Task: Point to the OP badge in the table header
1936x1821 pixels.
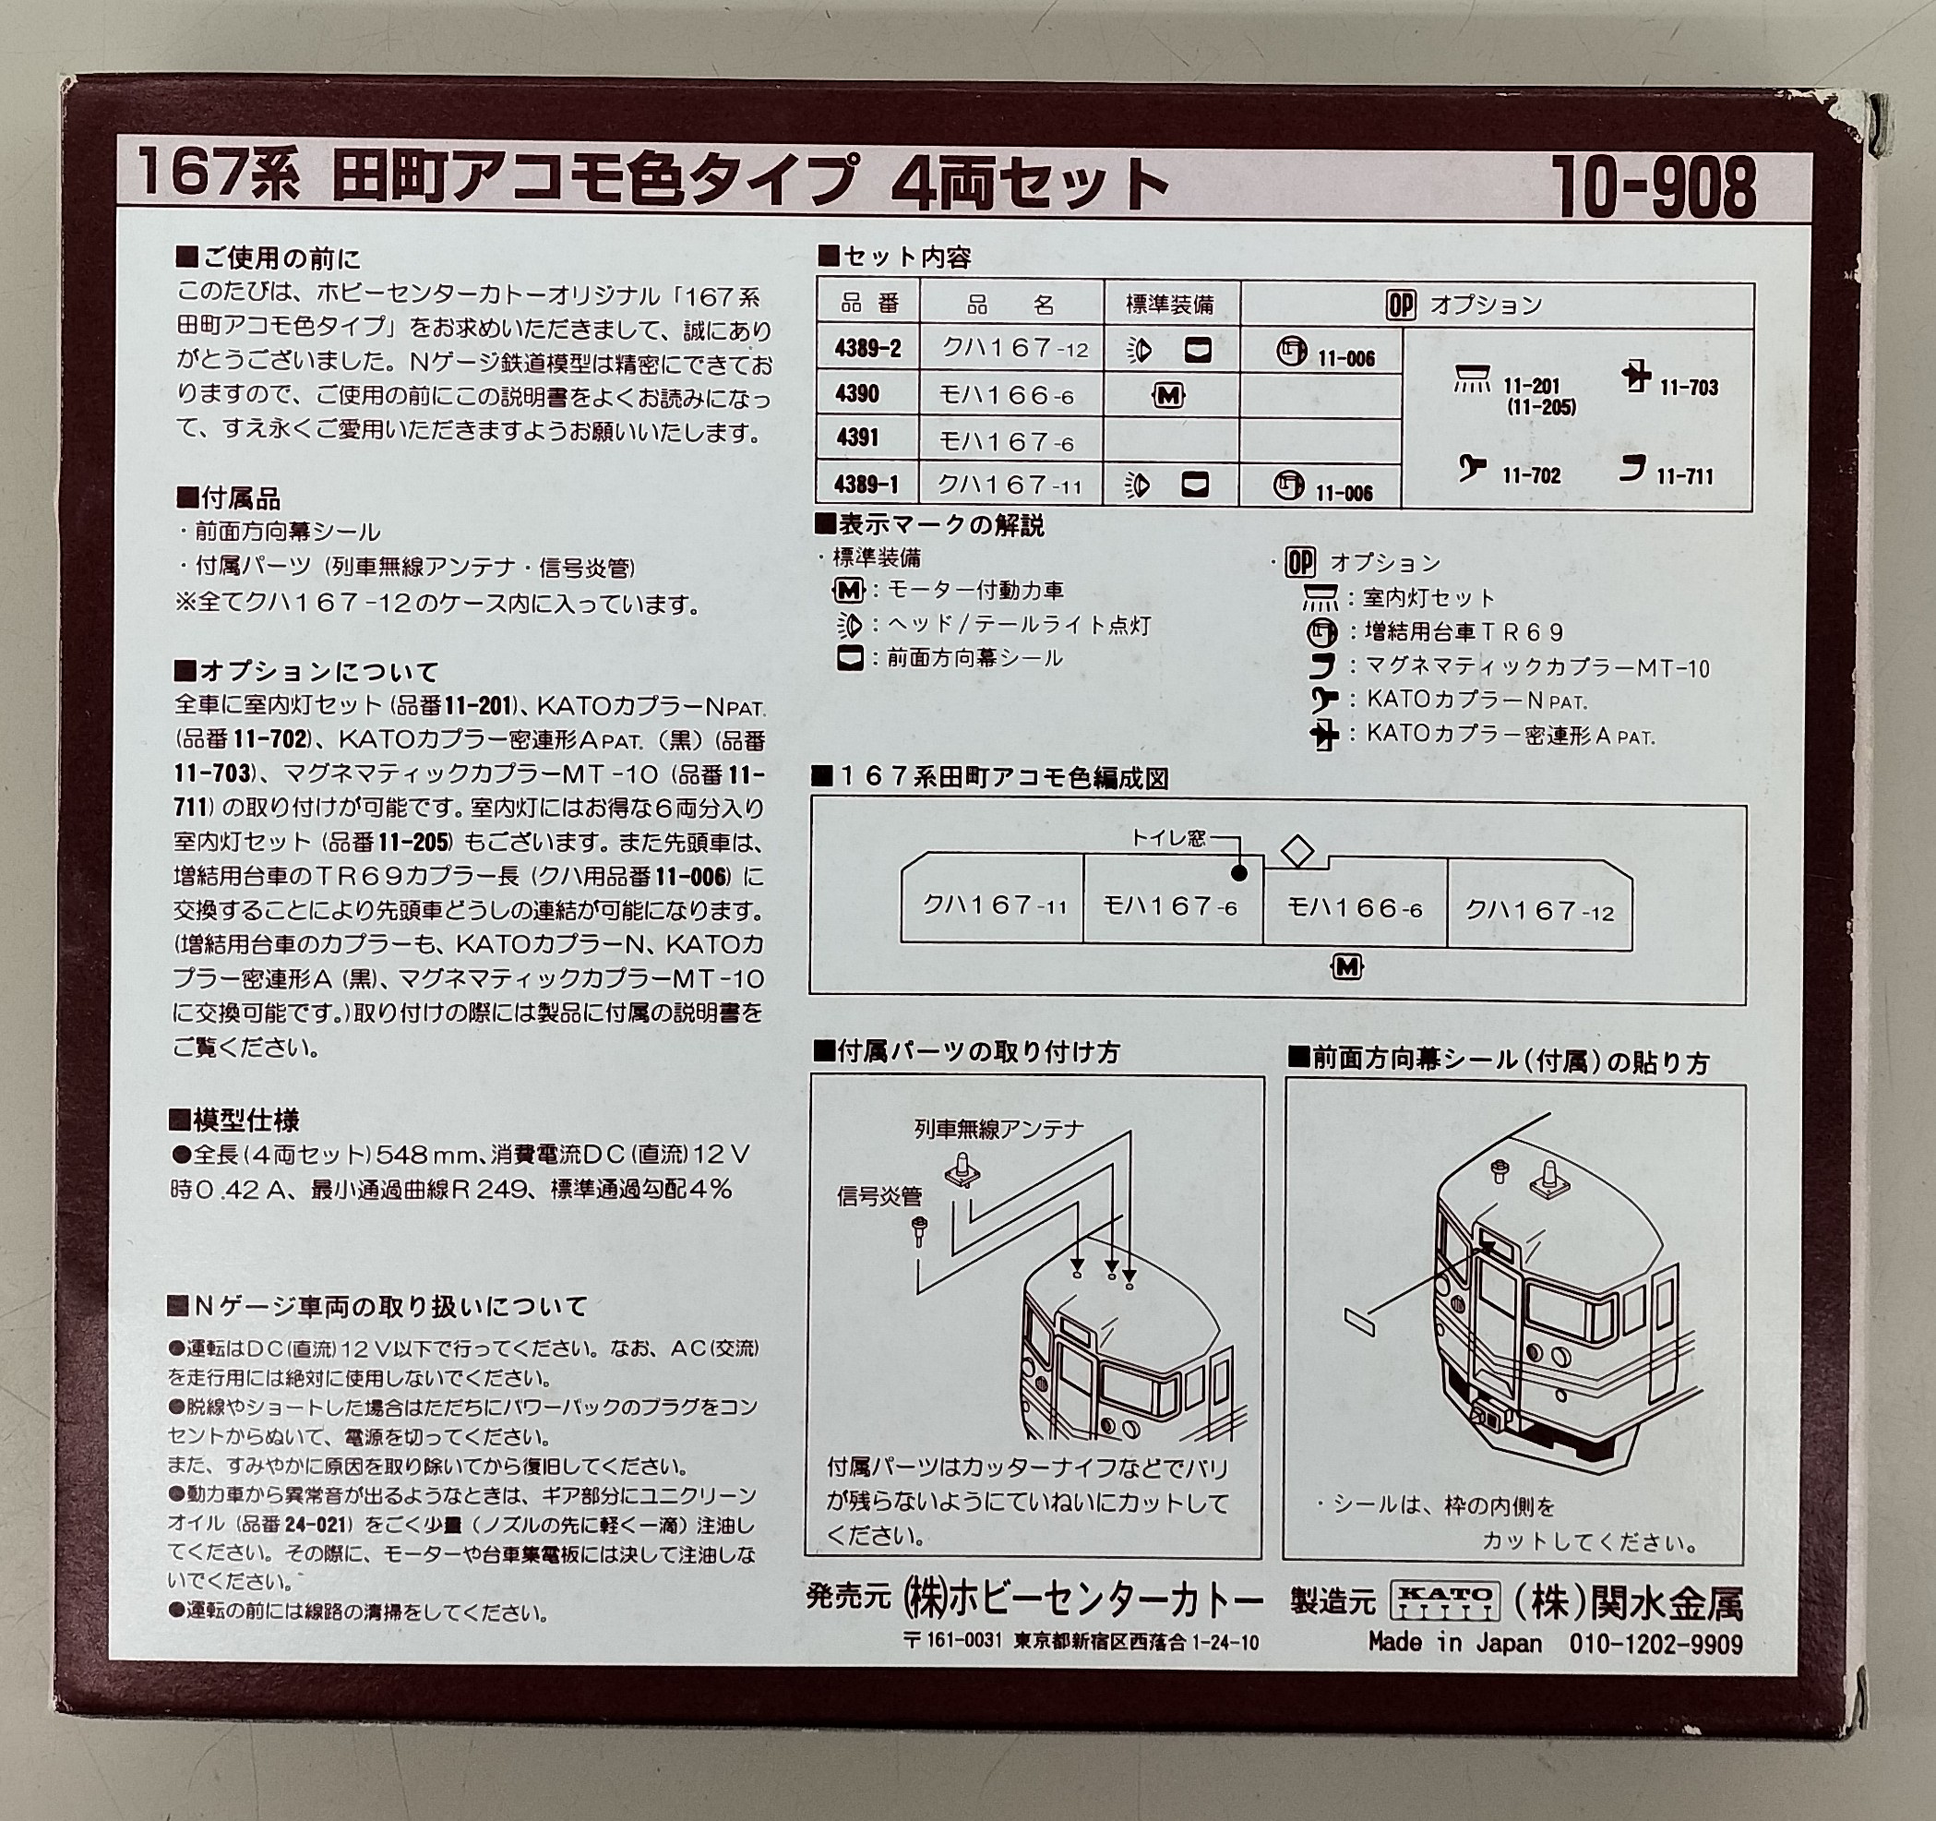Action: tap(1401, 305)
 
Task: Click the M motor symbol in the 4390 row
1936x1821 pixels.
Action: tap(1167, 395)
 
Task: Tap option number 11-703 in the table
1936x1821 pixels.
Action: tap(1689, 388)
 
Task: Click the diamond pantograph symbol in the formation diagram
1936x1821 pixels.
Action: tap(1297, 850)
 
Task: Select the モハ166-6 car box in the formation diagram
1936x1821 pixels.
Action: tap(1355, 908)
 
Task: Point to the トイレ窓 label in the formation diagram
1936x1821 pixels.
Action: tap(1167, 837)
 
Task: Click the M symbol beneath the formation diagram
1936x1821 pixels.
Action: tap(1347, 966)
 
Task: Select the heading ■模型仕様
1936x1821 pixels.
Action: tap(233, 1120)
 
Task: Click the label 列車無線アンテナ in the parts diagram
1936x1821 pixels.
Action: tap(999, 1130)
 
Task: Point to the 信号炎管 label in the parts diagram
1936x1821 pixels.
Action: tap(879, 1196)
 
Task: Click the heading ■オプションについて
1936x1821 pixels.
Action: tap(305, 672)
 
